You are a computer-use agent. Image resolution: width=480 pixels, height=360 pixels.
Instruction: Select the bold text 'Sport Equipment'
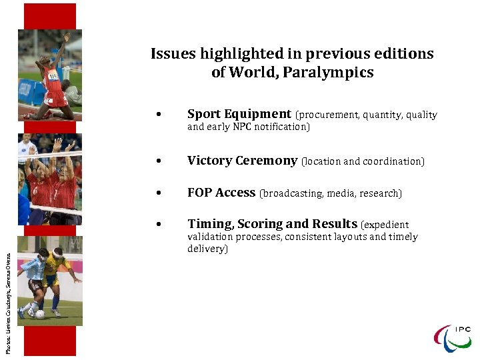[239, 114]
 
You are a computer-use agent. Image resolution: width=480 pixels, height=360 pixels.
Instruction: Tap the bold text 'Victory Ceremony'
[242, 161]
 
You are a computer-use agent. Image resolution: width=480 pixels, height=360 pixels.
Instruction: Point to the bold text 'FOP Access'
[221, 193]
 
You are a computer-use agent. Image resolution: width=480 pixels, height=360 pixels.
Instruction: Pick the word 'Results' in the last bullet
[335, 224]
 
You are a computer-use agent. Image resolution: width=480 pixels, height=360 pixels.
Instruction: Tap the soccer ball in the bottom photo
[40, 314]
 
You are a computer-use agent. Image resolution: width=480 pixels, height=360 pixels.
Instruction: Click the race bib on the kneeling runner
[53, 76]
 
